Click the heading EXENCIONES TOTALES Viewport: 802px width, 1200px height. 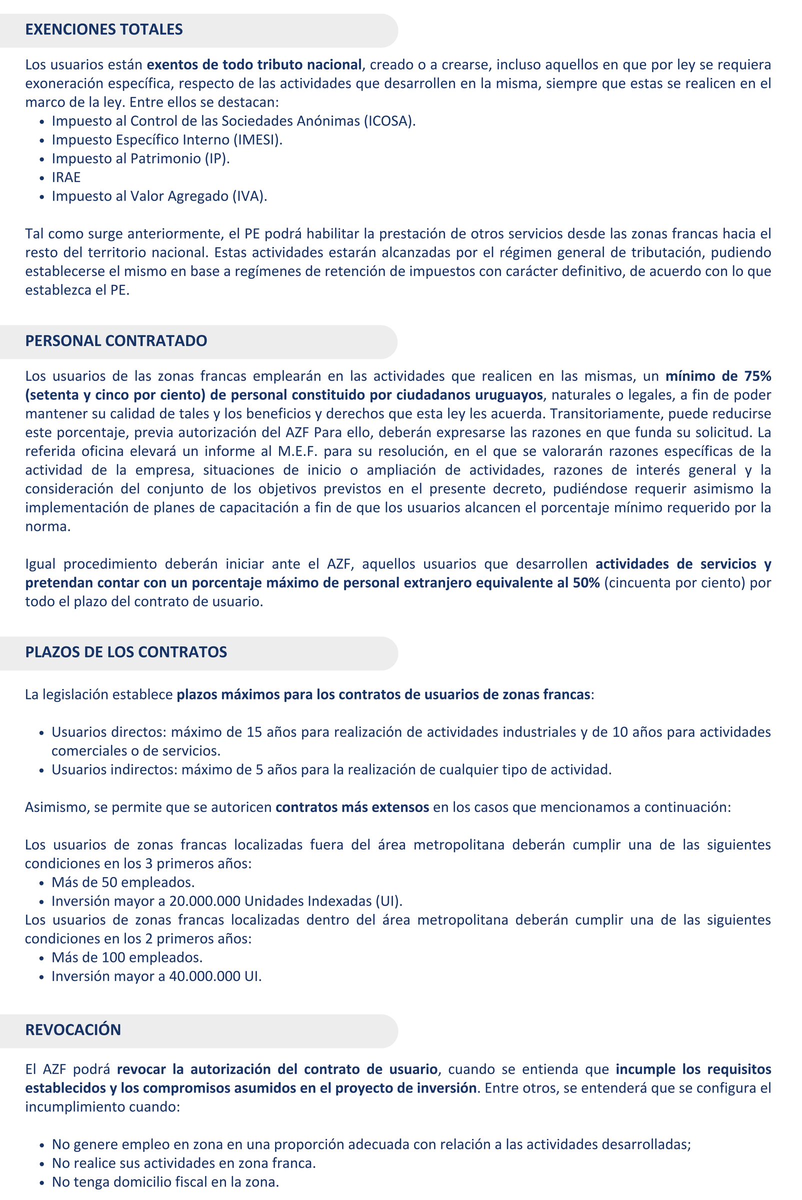click(x=104, y=29)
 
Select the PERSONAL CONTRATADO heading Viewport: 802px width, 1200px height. click(x=116, y=341)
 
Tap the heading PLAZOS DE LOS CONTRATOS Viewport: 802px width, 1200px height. click(x=126, y=652)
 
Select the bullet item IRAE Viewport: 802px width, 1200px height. click(x=66, y=177)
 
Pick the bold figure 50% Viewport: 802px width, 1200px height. click(x=586, y=583)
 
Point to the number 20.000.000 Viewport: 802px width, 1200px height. click(x=205, y=901)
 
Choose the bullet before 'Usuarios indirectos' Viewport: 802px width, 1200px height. click(x=42, y=770)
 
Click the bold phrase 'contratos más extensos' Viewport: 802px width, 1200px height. click(x=352, y=807)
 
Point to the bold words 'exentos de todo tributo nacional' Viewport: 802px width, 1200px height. click(x=254, y=65)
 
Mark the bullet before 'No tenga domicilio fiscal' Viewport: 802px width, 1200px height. click(x=42, y=1182)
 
